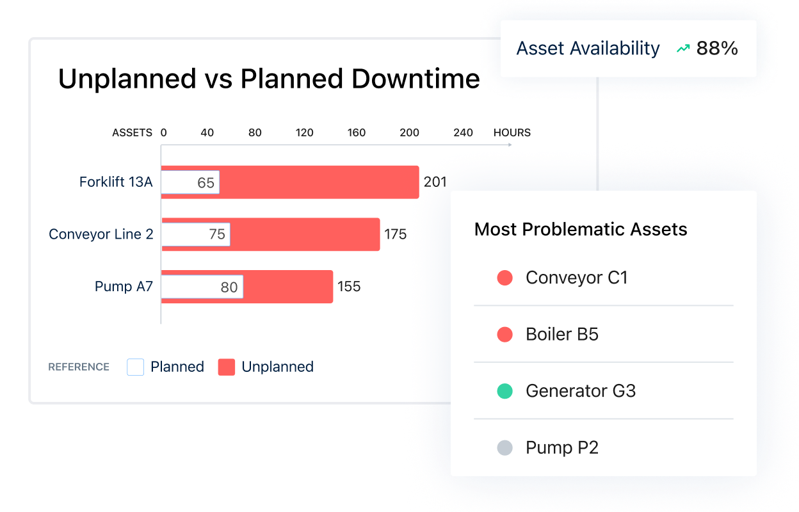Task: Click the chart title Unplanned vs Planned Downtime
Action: pyautogui.click(x=269, y=79)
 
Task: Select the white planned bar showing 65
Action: pyautogui.click(x=190, y=182)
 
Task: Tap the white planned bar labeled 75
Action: pyautogui.click(x=195, y=234)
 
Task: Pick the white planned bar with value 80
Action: pyautogui.click(x=202, y=287)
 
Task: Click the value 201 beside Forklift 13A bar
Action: pyautogui.click(x=435, y=182)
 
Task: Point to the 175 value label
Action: pyautogui.click(x=395, y=234)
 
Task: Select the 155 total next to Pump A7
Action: pyautogui.click(x=349, y=286)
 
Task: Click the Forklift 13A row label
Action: pyautogui.click(x=116, y=182)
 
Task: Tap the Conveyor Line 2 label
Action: pyautogui.click(x=101, y=234)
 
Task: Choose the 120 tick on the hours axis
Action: pyautogui.click(x=305, y=132)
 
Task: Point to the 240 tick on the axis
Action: pyautogui.click(x=463, y=132)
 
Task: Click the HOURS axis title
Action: pyautogui.click(x=512, y=132)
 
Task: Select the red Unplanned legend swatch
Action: pyautogui.click(x=227, y=367)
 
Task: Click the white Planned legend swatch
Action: pyautogui.click(x=136, y=367)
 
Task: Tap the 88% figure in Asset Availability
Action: pyautogui.click(x=717, y=48)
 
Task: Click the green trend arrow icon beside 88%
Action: pyautogui.click(x=683, y=48)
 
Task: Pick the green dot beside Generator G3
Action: pyautogui.click(x=505, y=391)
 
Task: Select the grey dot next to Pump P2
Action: pyautogui.click(x=505, y=447)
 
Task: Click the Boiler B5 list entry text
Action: pyautogui.click(x=561, y=334)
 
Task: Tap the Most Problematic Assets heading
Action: pyautogui.click(x=580, y=229)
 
